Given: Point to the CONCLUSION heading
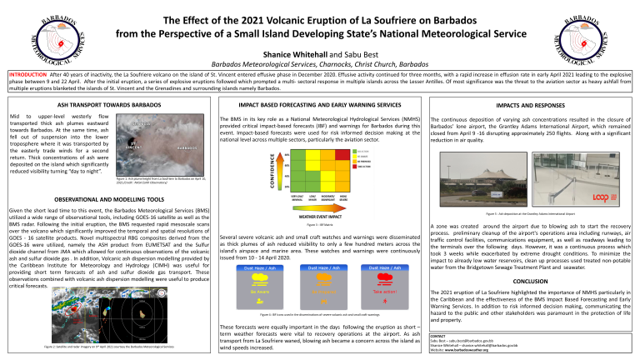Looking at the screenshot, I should (x=531, y=281).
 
